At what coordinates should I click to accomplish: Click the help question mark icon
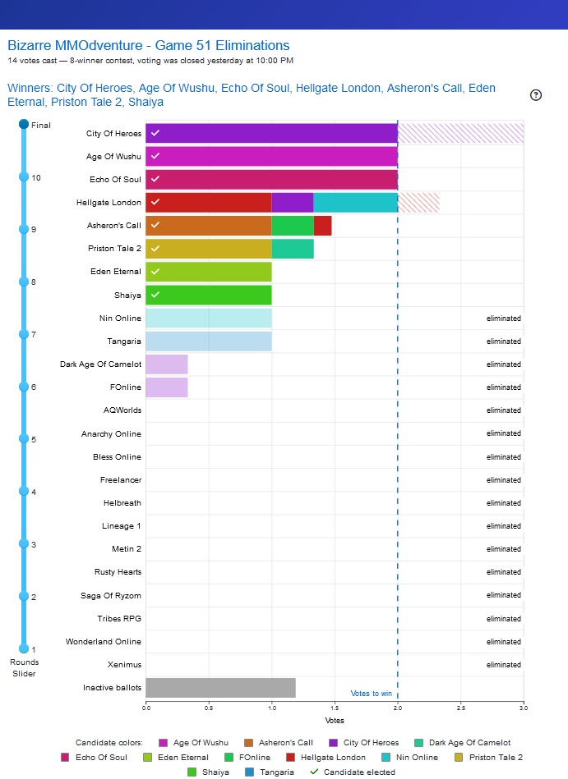536,95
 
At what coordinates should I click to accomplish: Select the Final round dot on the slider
24,124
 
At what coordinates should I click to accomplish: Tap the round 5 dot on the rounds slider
24,438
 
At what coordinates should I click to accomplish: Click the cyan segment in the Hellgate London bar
356,202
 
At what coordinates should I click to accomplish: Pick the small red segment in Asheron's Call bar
323,226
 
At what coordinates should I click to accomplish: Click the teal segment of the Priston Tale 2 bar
293,249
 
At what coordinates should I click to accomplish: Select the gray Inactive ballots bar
221,688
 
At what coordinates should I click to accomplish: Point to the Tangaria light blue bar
209,341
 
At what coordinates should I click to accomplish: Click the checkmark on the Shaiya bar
155,295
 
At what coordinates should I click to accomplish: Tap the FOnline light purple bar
167,387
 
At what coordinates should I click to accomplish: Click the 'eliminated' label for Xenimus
504,665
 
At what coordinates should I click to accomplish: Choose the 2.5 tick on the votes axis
460,708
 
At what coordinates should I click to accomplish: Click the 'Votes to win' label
371,694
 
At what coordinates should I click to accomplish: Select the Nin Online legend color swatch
386,757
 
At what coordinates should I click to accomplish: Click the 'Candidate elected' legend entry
353,772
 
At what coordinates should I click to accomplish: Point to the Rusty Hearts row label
118,572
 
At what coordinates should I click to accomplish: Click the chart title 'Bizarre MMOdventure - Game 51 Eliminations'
149,45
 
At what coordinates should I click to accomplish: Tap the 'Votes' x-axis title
335,721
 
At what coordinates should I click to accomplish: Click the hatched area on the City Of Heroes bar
461,133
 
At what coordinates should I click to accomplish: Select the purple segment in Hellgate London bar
293,202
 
